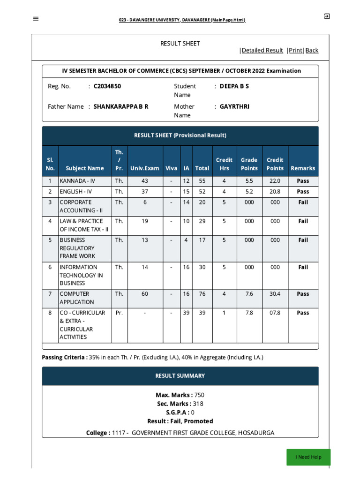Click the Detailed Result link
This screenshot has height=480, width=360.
click(262, 51)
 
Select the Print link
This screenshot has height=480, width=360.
click(295, 51)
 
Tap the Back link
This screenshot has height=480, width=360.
click(312, 51)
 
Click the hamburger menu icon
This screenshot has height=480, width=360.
click(36, 19)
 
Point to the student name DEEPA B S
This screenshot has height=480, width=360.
click(234, 86)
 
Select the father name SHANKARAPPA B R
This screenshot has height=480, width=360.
click(121, 106)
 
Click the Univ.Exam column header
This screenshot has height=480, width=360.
click(145, 168)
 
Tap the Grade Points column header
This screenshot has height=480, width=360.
click(249, 164)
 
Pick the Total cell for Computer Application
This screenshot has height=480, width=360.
click(202, 294)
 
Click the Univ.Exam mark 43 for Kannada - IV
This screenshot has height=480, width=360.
click(145, 180)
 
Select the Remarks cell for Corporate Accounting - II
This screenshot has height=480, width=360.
click(303, 202)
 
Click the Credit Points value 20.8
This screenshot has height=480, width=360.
click(275, 191)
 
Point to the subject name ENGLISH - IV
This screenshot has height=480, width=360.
click(76, 191)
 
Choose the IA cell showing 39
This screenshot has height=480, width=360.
click(186, 313)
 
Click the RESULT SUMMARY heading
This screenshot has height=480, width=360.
click(180, 376)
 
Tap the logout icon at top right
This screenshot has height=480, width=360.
click(327, 16)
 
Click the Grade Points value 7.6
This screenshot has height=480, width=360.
click(249, 294)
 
